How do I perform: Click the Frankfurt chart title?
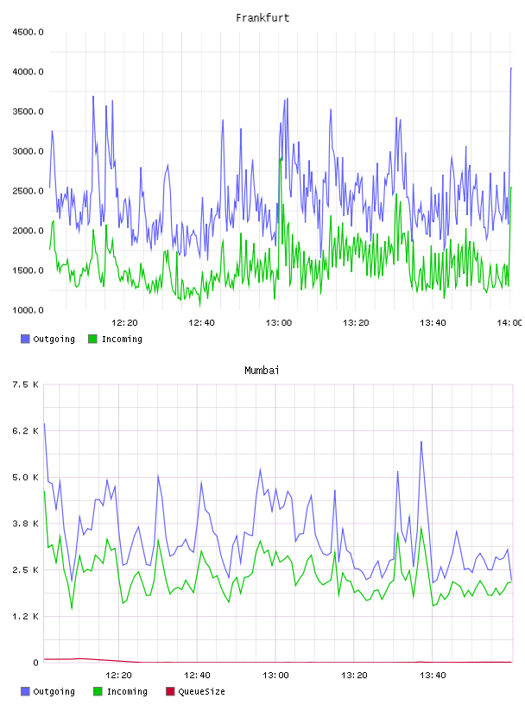point(262,17)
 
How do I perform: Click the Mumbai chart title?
point(262,370)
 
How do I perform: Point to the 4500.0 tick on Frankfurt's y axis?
point(28,32)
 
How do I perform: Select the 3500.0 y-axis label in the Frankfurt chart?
point(28,111)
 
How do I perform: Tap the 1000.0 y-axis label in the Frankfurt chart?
point(28,310)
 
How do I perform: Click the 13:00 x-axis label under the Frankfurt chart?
point(279,322)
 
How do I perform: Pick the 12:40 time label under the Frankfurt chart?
point(201,322)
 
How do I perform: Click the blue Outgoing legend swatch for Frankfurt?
point(25,339)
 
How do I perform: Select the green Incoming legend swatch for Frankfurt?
point(92,339)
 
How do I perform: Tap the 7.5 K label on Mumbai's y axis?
point(25,384)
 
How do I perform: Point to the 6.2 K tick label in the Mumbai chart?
point(25,431)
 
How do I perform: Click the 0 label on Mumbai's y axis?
point(35,663)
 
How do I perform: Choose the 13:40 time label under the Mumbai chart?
point(433,675)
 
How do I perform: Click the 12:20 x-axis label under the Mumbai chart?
point(118,675)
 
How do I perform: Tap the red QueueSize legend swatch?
point(170,691)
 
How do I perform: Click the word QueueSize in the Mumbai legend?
point(201,691)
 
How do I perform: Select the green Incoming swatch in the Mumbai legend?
point(98,691)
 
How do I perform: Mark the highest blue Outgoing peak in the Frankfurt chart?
point(511,68)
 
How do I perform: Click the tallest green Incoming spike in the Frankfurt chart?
point(281,158)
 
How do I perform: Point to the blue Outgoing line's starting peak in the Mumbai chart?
point(44,423)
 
